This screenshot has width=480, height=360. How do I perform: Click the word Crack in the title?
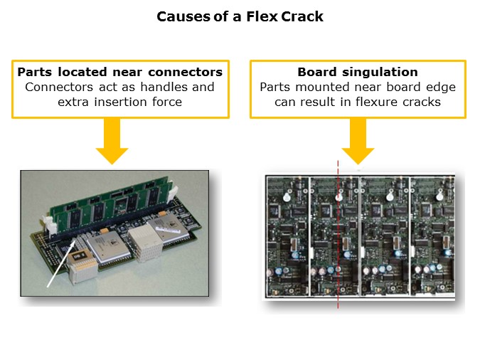click(x=302, y=16)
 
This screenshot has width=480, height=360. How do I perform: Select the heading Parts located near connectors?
click(x=120, y=72)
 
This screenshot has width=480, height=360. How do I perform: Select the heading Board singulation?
click(x=358, y=72)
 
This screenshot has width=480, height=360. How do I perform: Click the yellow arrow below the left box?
click(x=112, y=140)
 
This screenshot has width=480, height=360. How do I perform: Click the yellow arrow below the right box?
click(x=358, y=140)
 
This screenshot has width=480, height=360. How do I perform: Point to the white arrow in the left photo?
click(x=61, y=263)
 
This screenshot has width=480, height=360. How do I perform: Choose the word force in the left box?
click(x=166, y=102)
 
